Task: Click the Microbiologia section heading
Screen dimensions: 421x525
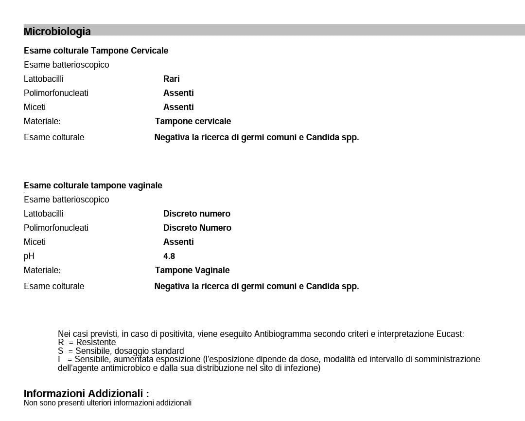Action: [x=57, y=32]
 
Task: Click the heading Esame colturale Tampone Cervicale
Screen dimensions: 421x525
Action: [x=96, y=51]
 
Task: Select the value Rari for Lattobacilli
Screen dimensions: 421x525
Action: [x=171, y=79]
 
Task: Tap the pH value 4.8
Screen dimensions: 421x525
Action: [x=169, y=256]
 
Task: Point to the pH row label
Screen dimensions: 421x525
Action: [x=29, y=256]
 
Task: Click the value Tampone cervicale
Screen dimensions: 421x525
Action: [x=193, y=121]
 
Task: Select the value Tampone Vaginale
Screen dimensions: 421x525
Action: [x=192, y=270]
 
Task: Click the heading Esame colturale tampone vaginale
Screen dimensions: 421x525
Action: [x=93, y=185]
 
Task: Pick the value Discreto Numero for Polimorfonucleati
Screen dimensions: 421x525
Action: [x=197, y=228]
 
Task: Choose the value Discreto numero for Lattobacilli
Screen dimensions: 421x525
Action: [x=196, y=214]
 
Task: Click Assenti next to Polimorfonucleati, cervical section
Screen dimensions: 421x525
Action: [x=178, y=93]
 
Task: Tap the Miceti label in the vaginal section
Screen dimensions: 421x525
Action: [x=35, y=242]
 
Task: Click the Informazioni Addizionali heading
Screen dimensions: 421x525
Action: [x=86, y=393]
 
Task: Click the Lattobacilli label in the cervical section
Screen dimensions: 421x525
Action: [x=43, y=79]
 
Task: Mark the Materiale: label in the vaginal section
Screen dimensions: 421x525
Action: [x=42, y=270]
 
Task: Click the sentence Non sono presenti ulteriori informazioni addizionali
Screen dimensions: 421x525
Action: [x=107, y=403]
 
